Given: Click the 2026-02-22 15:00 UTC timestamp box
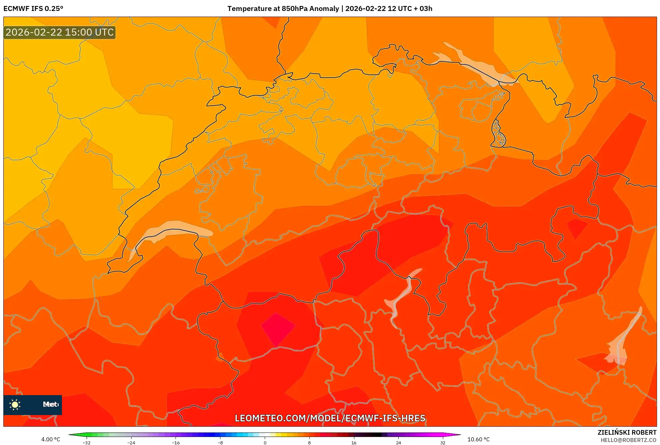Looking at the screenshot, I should click(60, 32).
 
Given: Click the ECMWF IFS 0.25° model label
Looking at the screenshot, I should click(33, 8).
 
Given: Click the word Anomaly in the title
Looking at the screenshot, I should click(324, 8).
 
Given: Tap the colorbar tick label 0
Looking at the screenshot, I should click(265, 443).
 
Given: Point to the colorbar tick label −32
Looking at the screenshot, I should click(86, 443).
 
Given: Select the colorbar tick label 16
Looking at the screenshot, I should click(354, 443).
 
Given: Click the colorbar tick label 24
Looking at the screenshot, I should click(398, 443).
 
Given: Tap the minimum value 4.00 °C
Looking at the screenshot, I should click(51, 439).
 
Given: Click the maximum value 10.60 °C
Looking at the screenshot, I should click(479, 439).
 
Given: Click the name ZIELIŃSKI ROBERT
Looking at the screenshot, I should click(627, 432).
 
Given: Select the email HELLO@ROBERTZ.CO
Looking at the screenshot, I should click(628, 440).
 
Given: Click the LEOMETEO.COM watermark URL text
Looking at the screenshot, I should click(330, 418).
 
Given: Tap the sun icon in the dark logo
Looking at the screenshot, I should click(15, 404).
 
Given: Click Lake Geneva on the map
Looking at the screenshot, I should click(173, 229).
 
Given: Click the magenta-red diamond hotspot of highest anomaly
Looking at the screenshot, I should click(277, 329).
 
